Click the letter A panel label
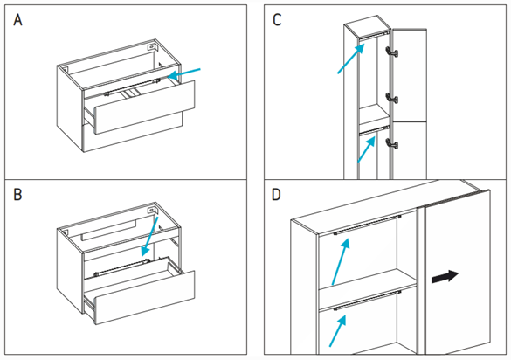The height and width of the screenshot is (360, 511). point(18,20)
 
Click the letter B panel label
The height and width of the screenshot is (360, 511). point(17,195)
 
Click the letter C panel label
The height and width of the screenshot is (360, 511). point(277,20)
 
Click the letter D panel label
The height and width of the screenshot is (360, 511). point(276,195)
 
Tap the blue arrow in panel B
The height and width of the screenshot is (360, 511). point(149,237)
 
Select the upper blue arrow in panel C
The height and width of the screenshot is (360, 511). point(351,59)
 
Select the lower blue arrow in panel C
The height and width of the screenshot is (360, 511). point(366,149)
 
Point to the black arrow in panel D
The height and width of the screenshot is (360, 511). point(445,276)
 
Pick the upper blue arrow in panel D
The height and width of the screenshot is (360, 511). point(341,261)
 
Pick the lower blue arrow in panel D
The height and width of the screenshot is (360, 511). point(338,331)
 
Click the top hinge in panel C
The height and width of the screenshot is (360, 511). point(391,52)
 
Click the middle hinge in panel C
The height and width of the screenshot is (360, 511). point(391,98)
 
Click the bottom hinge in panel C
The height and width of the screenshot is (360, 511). point(391,143)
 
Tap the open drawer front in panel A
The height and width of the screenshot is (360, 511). point(145,107)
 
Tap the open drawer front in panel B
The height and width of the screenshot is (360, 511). point(145,297)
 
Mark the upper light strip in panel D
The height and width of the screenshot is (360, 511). point(367,225)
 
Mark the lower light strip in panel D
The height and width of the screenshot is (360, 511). point(367,300)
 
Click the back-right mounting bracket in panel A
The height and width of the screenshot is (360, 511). point(151,47)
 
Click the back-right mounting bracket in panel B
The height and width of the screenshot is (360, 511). point(151,210)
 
